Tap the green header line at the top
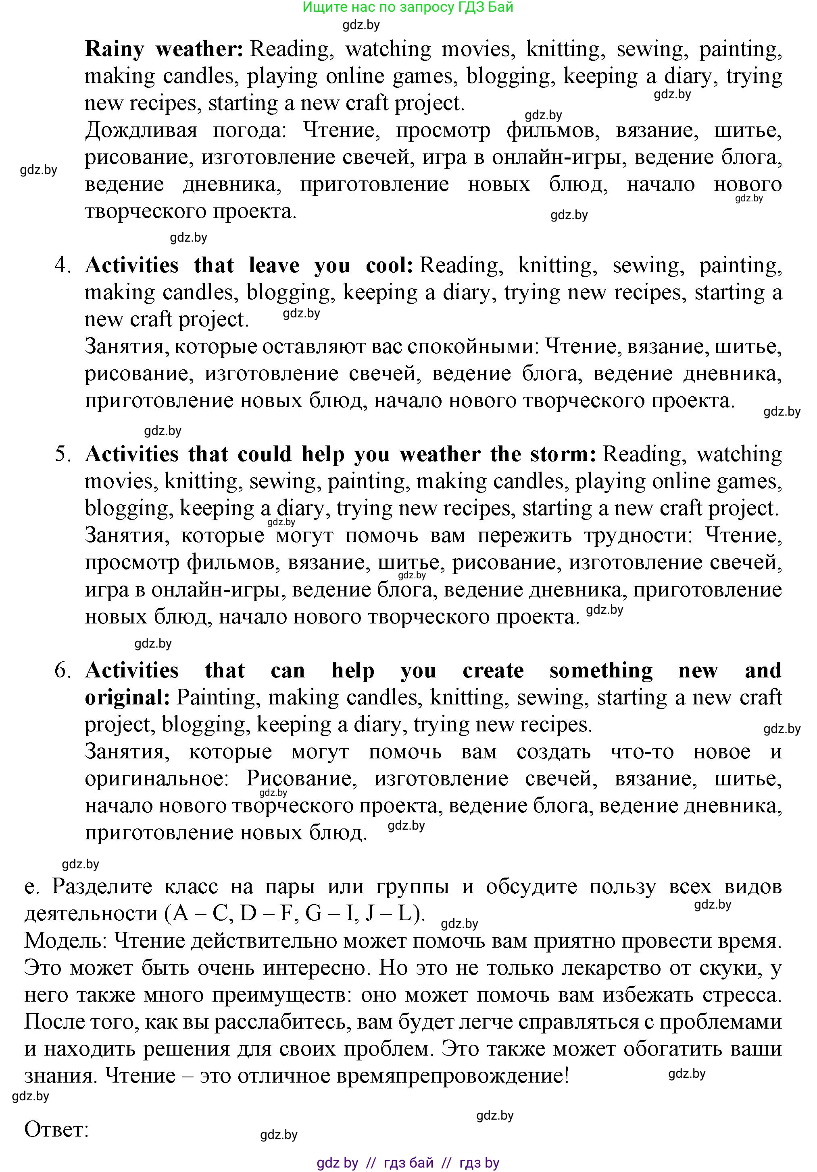(408, 8)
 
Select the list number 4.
(63, 266)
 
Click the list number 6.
(63, 671)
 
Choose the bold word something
(601, 671)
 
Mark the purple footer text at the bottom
(408, 1163)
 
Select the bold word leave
(274, 266)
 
